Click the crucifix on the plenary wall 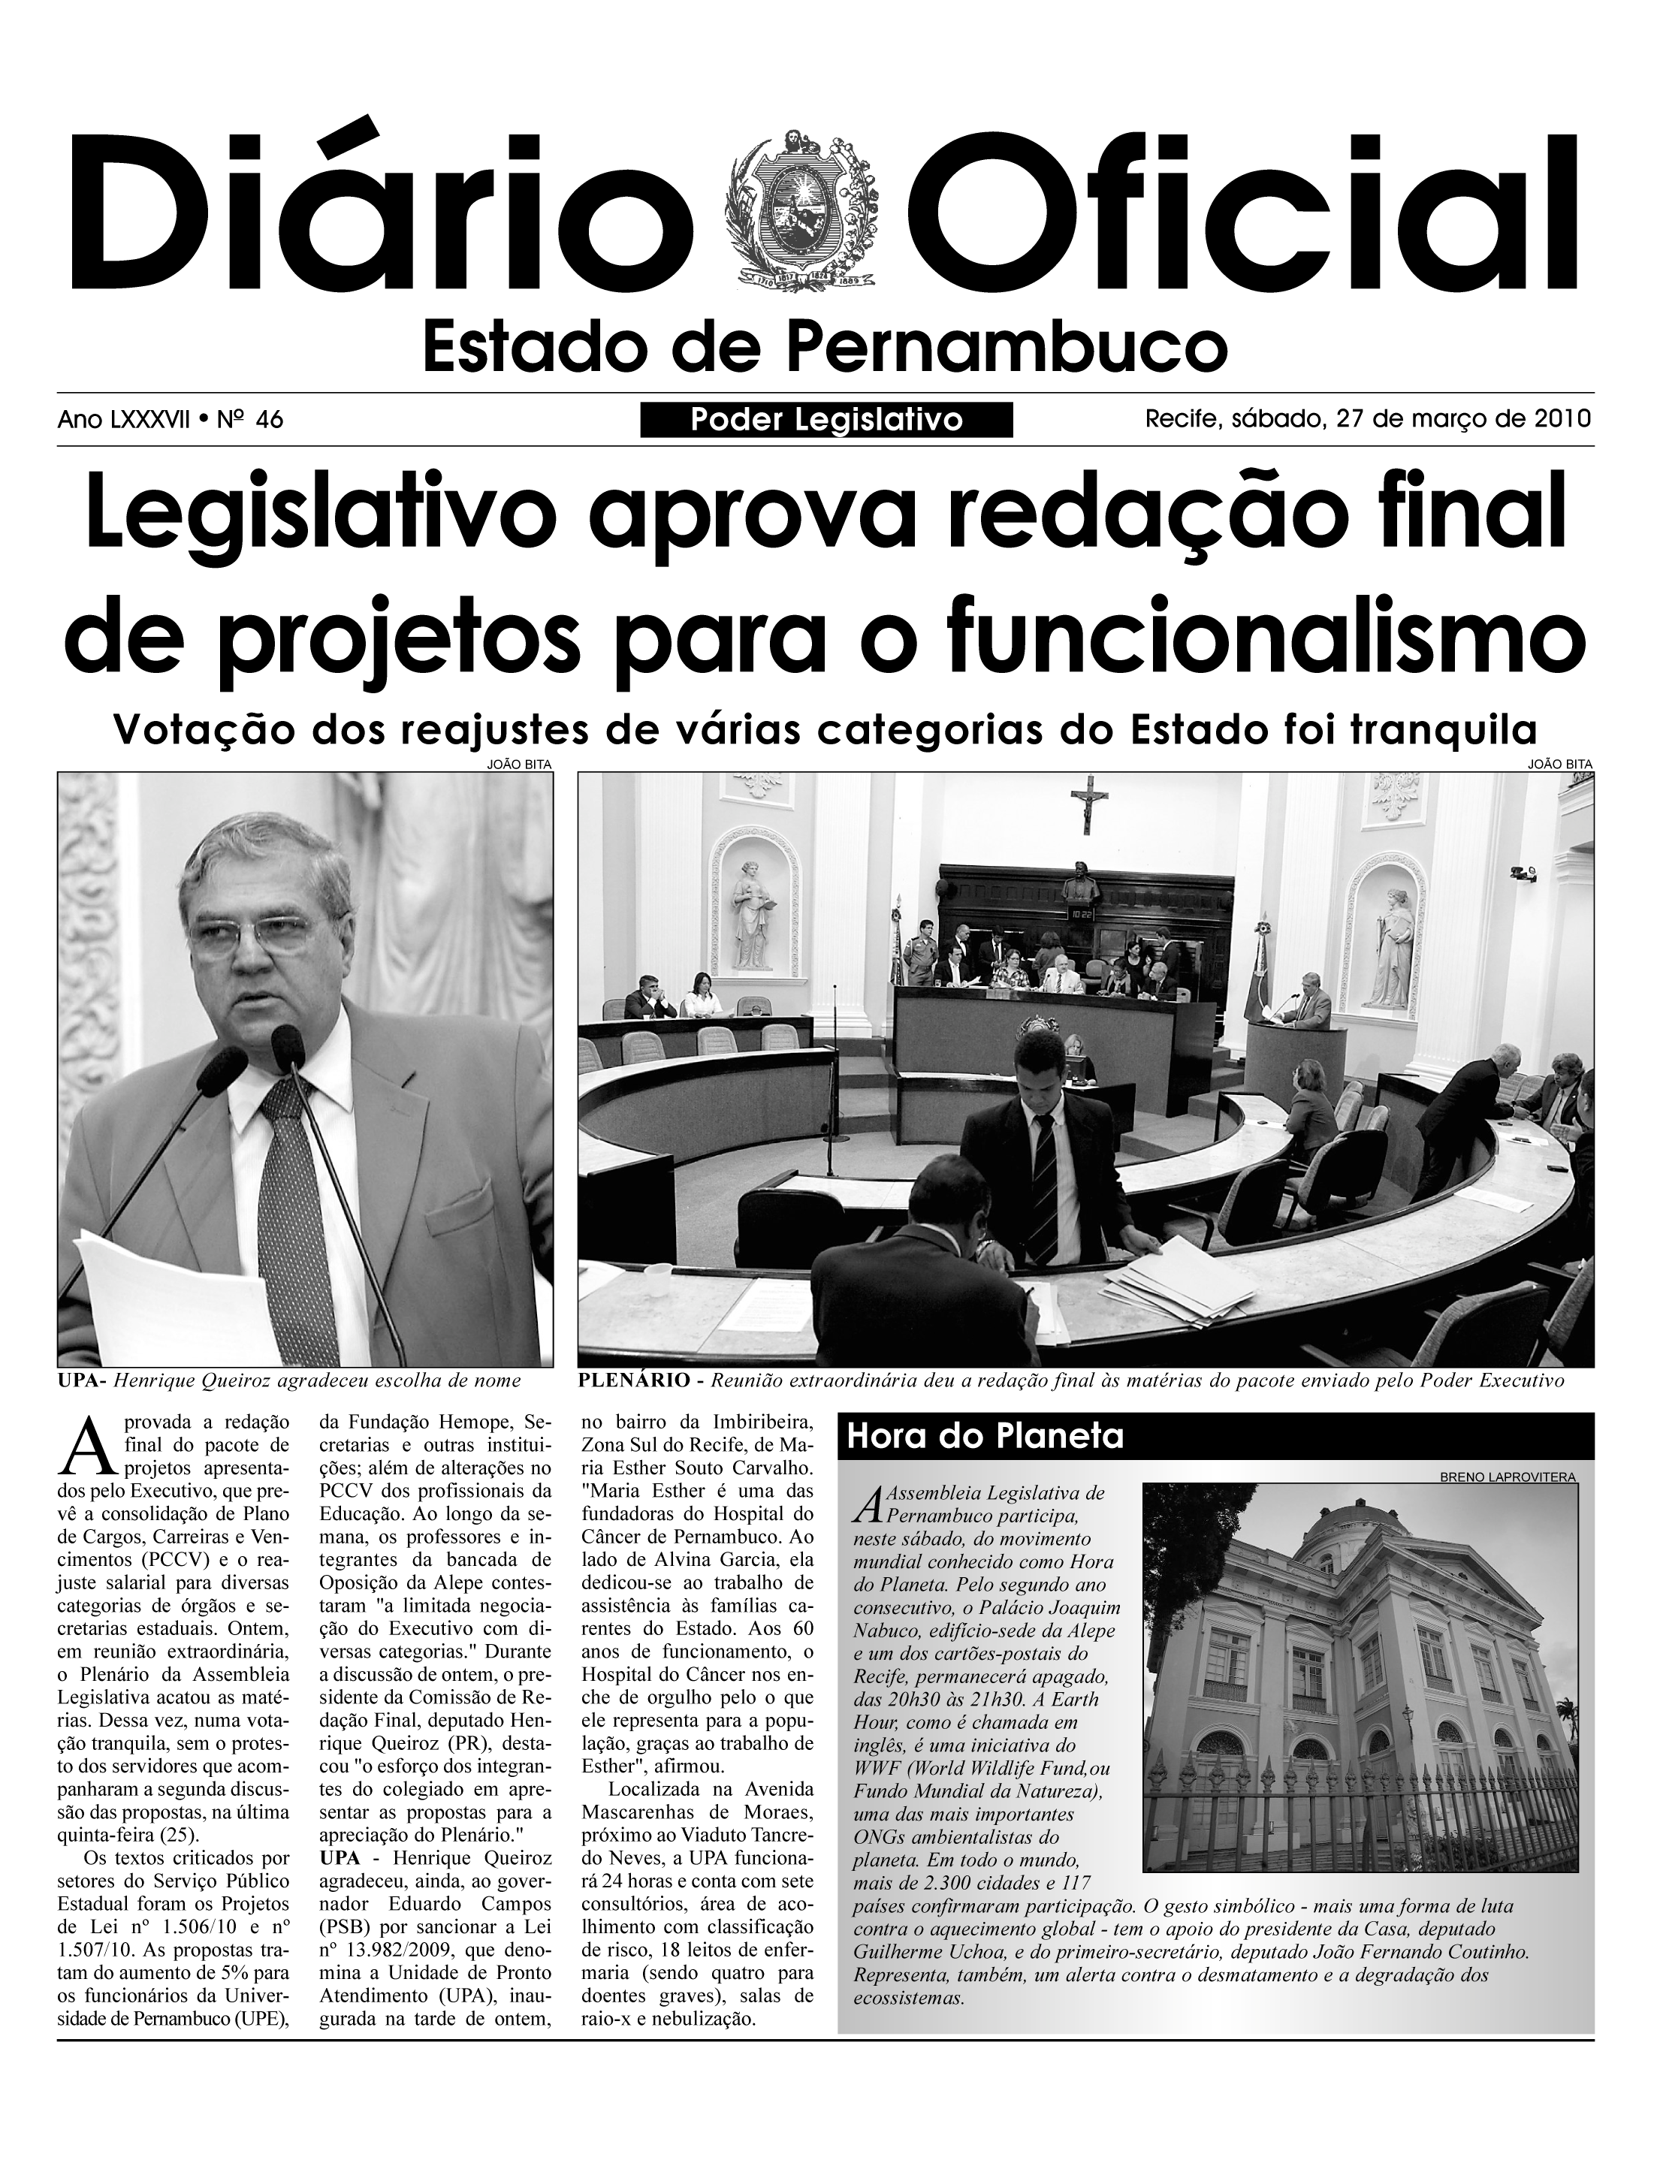tap(1089, 802)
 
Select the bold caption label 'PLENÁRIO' tap(632, 1380)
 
